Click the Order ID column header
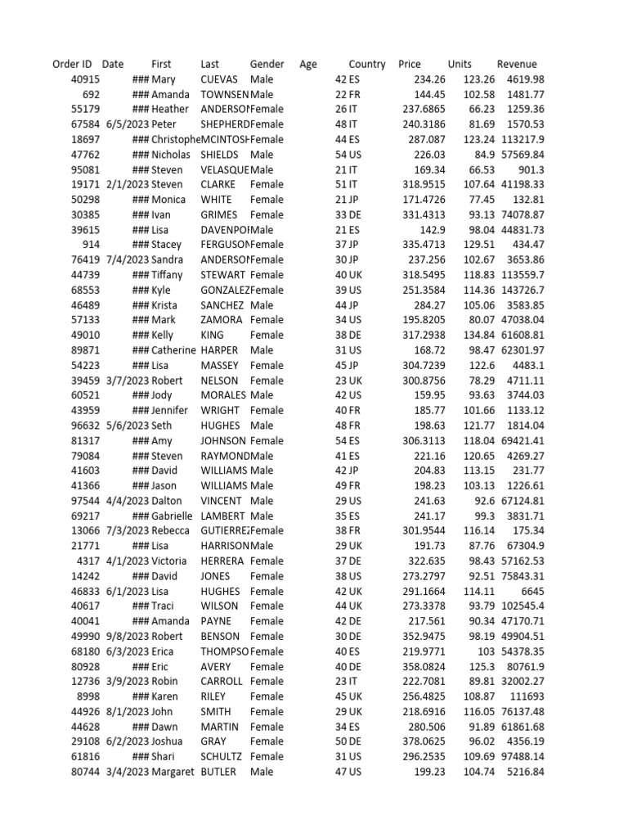point(72,64)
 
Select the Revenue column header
point(517,64)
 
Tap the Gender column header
point(267,64)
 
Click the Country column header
point(367,64)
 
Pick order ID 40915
point(86,79)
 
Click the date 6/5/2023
point(128,124)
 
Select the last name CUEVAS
point(219,79)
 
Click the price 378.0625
point(423,741)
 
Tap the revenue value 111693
point(527,696)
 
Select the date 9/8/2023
point(128,636)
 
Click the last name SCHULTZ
point(221,756)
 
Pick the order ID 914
point(91,245)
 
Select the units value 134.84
point(478,335)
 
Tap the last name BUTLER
point(219,772)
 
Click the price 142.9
point(431,230)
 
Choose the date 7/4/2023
point(128,259)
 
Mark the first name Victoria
point(169,561)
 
